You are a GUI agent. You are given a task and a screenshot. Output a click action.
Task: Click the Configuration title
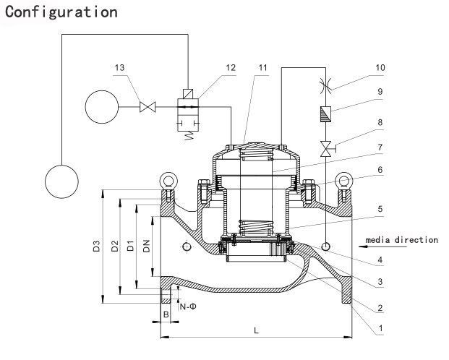coord(60,12)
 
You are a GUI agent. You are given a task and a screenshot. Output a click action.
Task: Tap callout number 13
coord(119,68)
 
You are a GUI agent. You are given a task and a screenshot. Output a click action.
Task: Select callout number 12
coord(210,68)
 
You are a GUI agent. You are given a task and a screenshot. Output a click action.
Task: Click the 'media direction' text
coord(402,239)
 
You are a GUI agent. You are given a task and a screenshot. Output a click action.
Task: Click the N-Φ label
coord(189,307)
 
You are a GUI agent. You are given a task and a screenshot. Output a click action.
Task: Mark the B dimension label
coord(165,315)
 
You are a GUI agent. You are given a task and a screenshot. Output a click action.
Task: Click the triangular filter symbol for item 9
coord(325,113)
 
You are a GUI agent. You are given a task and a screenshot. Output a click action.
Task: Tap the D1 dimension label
coord(130,247)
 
